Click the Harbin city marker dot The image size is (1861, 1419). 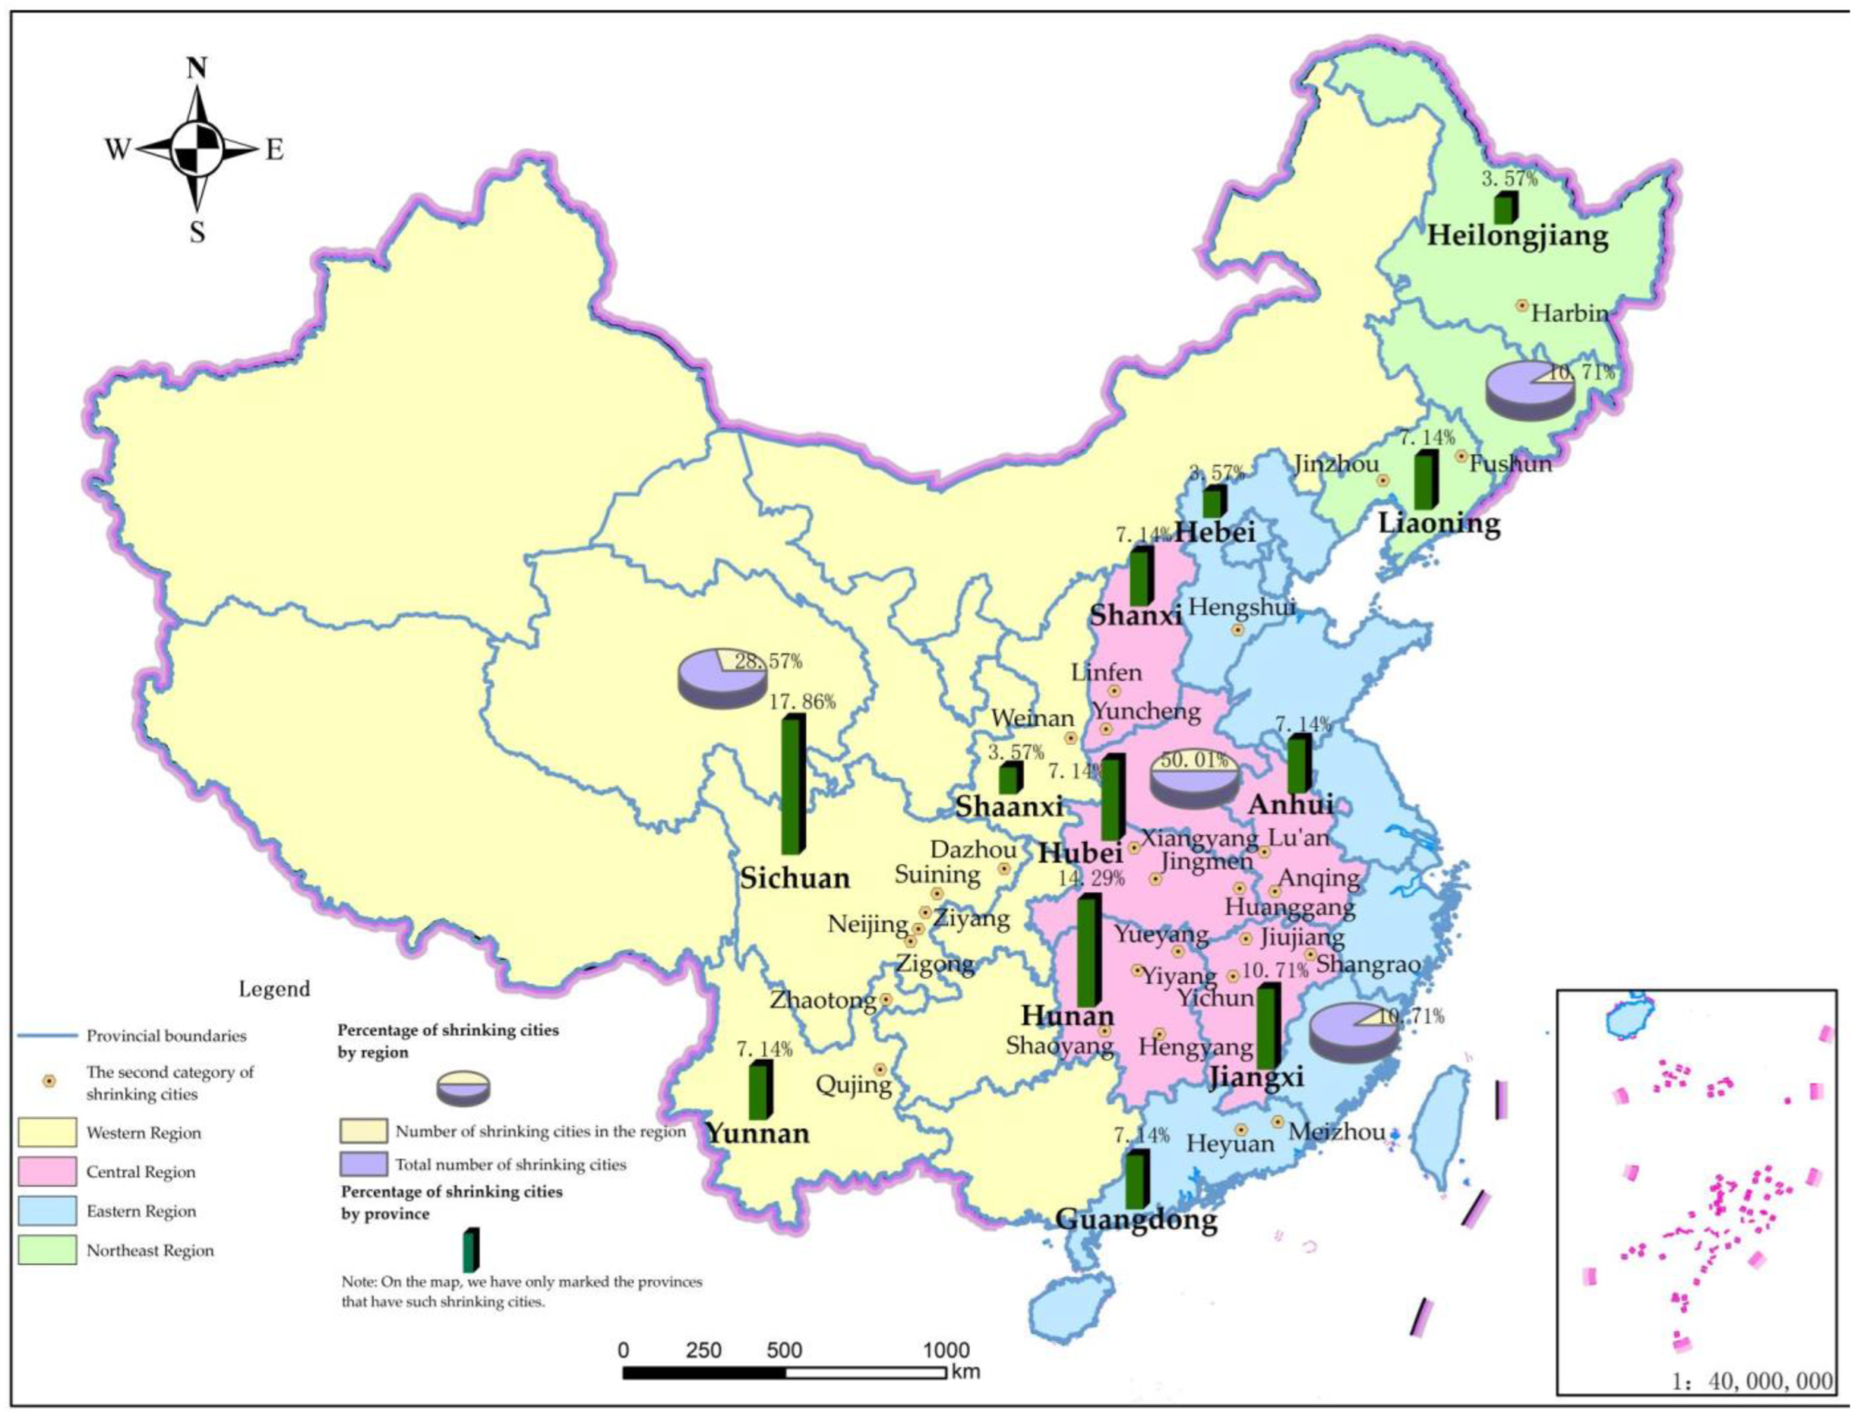point(1522,305)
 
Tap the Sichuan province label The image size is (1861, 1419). point(795,878)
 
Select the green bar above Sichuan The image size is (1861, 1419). point(792,784)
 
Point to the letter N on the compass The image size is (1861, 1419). point(197,69)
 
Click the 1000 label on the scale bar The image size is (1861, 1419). point(945,1350)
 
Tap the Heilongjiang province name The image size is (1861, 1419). point(1517,236)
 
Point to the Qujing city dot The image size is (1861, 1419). point(879,1069)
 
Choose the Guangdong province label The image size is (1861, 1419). point(1136,1219)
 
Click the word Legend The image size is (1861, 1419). point(275,989)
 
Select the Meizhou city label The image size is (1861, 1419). point(1338,1132)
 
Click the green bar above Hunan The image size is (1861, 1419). point(1088,950)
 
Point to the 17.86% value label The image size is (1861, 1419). point(802,702)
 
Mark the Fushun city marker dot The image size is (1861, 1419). point(1461,456)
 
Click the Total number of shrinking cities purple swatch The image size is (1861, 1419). point(364,1164)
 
